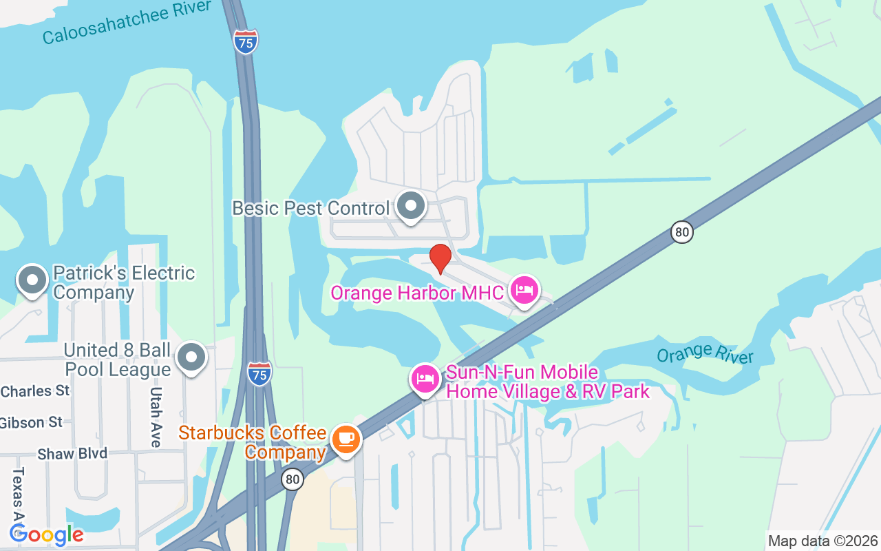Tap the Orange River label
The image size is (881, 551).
[705, 355]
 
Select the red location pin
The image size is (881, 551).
[440, 259]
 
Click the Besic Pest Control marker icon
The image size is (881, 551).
[412, 205]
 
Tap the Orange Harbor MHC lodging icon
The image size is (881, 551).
[524, 291]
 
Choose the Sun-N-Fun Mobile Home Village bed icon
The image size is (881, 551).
[425, 378]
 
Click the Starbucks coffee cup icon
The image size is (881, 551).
[345, 439]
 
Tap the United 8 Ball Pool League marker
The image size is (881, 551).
[191, 357]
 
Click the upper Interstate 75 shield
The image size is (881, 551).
[246, 42]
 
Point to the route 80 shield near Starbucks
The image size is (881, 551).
[293, 479]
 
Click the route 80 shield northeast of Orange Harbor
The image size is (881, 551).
[681, 232]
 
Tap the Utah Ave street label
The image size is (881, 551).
[156, 416]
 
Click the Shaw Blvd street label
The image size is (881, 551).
[72, 454]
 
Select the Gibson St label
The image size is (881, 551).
[32, 422]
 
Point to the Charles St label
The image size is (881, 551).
[35, 391]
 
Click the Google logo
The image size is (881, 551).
[47, 534]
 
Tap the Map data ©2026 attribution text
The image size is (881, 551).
[823, 541]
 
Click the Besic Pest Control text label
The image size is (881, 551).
[311, 208]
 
